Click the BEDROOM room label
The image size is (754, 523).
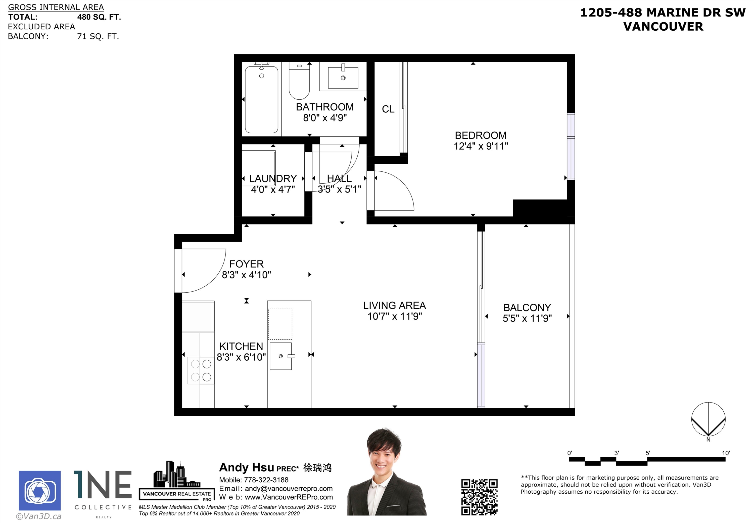481,135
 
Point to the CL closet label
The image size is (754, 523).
388,109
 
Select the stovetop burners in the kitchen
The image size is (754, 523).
201,370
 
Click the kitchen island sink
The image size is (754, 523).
281,356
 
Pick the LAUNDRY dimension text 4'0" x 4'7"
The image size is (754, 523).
273,189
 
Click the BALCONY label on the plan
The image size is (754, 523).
527,307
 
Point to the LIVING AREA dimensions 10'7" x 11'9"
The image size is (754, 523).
395,316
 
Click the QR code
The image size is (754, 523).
479,497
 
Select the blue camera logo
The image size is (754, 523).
40,491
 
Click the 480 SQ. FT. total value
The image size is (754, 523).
99,17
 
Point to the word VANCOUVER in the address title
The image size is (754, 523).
663,27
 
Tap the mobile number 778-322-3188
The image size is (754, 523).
266,480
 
